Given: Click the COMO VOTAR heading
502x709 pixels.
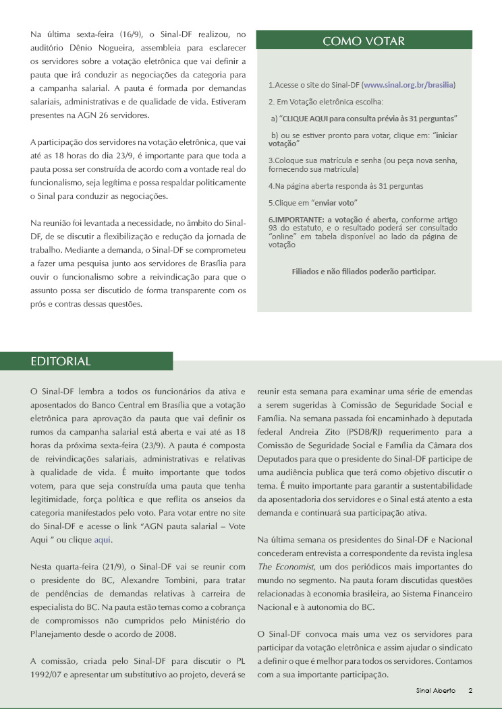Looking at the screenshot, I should [x=364, y=41].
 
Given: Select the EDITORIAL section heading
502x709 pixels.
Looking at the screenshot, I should [x=61, y=361].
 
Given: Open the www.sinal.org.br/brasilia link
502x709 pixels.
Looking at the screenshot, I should [x=409, y=86].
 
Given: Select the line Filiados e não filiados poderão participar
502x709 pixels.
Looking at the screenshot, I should [x=364, y=272].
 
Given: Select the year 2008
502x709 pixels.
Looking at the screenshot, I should [x=167, y=634].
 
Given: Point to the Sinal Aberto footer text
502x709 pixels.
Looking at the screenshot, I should [x=435, y=691].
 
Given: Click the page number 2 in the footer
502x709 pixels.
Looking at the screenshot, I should [x=470, y=691].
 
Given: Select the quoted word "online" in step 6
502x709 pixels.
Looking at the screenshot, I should [x=284, y=237].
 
